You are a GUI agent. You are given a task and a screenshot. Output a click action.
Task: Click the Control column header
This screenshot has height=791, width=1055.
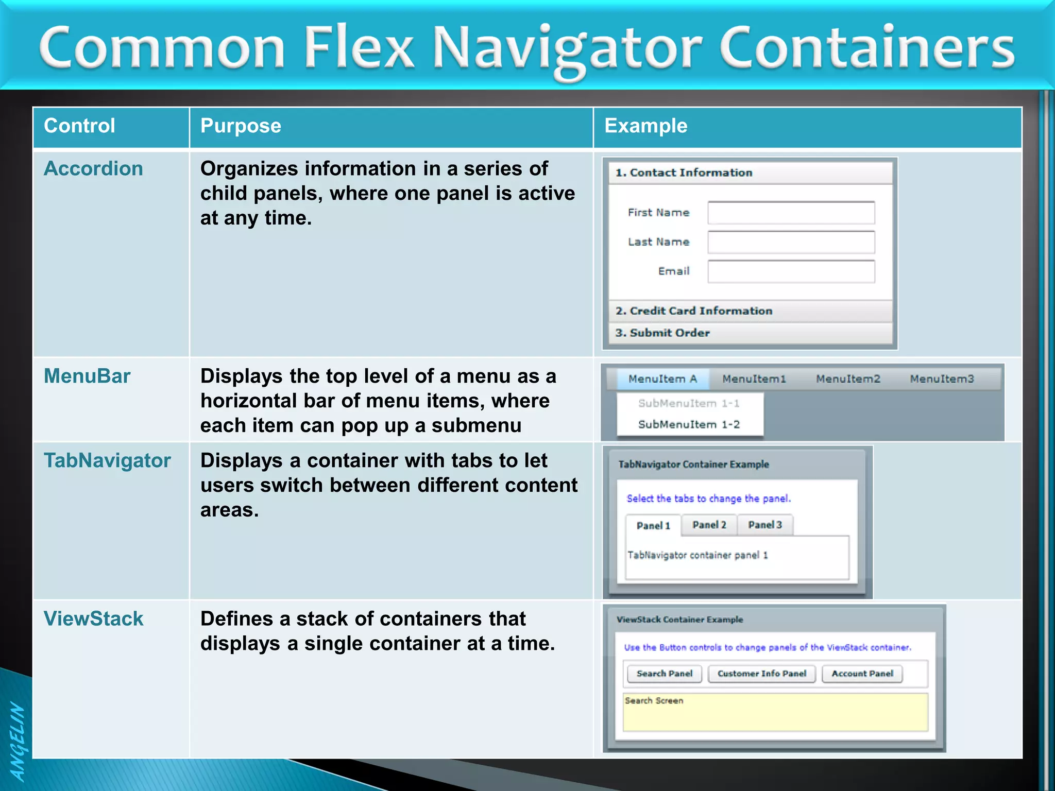(79, 126)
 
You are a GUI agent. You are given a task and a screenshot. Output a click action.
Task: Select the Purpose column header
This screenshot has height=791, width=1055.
(241, 126)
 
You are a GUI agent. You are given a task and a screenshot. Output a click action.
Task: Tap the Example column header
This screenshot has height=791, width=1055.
(645, 126)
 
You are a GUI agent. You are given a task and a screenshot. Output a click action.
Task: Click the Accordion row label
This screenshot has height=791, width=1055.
(93, 169)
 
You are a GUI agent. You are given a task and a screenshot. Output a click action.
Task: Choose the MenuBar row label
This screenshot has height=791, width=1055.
(87, 376)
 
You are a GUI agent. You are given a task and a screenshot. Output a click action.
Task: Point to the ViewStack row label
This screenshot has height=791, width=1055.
(93, 619)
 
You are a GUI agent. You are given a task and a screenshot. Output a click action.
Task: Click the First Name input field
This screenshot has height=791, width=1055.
(791, 213)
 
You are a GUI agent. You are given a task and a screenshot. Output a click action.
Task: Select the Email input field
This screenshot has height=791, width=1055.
(791, 271)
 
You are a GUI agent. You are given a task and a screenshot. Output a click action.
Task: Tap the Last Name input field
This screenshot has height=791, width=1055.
(791, 242)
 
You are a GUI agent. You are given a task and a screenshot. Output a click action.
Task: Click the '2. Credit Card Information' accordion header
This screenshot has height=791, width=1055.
(750, 311)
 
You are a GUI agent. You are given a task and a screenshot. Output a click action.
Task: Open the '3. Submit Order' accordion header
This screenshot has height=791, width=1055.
(750, 333)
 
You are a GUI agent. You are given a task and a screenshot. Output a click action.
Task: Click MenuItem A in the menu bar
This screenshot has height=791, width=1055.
(662, 379)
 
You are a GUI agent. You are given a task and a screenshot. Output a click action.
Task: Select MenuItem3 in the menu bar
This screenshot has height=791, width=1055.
(942, 379)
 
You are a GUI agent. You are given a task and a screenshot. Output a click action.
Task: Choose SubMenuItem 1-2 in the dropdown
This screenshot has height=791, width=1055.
(689, 424)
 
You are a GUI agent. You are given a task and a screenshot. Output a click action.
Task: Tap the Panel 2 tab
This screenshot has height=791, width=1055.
(709, 525)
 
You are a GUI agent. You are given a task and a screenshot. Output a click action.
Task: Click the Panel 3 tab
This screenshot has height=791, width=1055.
(765, 525)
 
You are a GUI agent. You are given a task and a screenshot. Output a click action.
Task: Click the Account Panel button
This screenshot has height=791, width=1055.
(862, 674)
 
